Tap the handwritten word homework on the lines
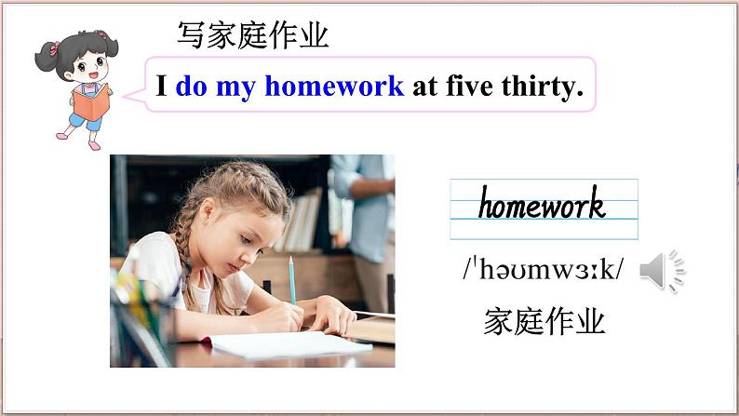click(542, 204)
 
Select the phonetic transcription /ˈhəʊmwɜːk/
click(543, 271)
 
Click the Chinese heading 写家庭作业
click(252, 36)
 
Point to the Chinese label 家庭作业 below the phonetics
click(544, 322)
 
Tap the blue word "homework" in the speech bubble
click(334, 87)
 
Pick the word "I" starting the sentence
click(162, 87)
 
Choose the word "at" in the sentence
click(424, 87)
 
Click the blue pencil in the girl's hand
click(291, 279)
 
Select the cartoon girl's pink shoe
click(93, 145)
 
